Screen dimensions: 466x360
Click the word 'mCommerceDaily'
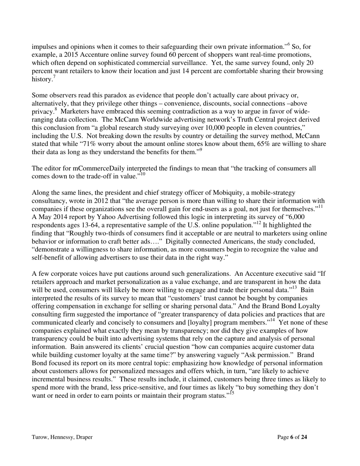[x=89, y=168]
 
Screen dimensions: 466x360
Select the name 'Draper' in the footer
[x=84, y=437]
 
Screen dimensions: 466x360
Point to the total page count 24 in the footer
[x=304, y=437]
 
